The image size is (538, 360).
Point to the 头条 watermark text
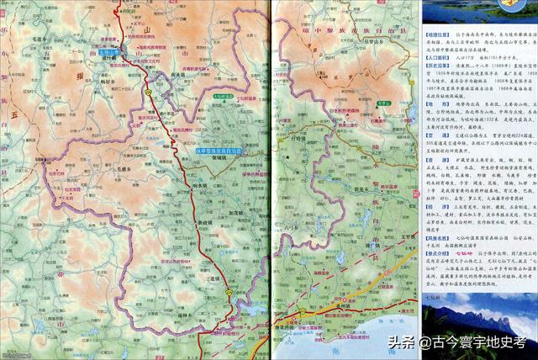pos(403,342)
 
